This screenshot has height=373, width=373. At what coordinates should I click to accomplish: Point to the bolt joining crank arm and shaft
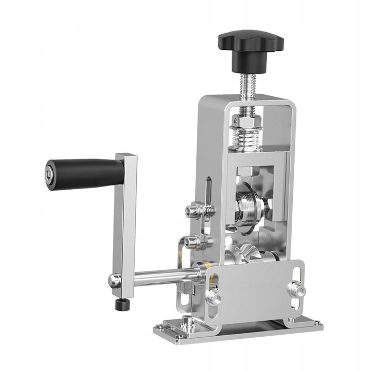pos(115,280)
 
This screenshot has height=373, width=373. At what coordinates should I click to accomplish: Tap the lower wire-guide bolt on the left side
pos(193,241)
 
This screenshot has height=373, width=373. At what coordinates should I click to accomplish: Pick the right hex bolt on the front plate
pos(296,289)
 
